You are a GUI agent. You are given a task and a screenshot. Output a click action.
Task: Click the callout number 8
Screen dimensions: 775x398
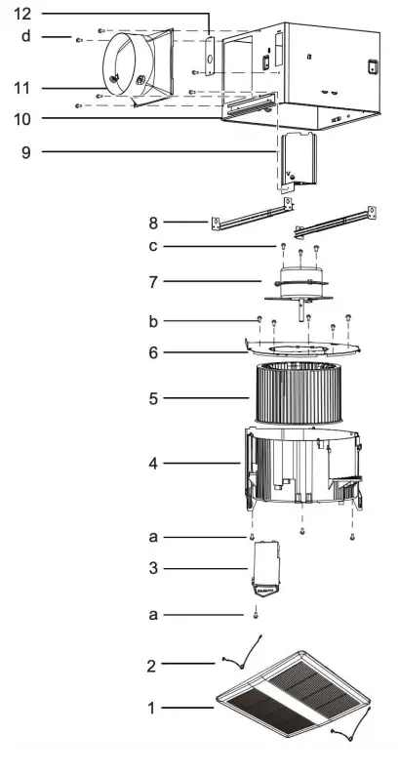[153, 223]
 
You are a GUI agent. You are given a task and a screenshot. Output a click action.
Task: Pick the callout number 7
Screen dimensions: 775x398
[153, 281]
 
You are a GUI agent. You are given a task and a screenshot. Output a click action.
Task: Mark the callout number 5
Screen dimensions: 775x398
[153, 398]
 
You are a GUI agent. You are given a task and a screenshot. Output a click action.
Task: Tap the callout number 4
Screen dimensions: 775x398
[153, 462]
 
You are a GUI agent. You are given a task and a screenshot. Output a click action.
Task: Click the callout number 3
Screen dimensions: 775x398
[153, 567]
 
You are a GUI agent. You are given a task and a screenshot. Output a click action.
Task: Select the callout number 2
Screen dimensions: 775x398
[151, 666]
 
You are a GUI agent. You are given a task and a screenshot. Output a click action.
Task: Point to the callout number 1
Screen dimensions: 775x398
[153, 706]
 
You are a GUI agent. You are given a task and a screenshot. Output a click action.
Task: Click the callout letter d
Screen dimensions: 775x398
[26, 36]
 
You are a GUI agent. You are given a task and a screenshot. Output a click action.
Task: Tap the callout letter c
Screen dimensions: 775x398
[153, 245]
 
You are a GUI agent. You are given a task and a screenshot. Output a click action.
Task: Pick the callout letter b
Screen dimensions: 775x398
[153, 320]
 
